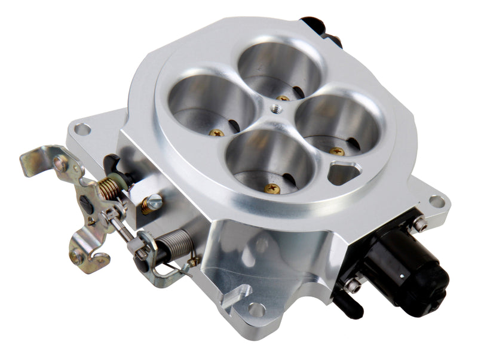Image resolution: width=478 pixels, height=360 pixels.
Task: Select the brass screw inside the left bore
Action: pyautogui.click(x=217, y=133)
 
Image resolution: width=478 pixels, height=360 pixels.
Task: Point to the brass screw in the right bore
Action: pyautogui.click(x=337, y=151)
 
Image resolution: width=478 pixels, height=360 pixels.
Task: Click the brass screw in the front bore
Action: pyautogui.click(x=272, y=189)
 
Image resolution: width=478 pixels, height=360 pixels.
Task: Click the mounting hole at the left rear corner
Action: pyautogui.click(x=82, y=128)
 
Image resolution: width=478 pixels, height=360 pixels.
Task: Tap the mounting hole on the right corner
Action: pyautogui.click(x=437, y=201)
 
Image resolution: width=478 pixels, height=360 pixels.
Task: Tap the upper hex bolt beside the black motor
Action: pyautogui.click(x=419, y=224)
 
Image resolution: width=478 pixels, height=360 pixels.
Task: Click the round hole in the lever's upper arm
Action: pyautogui.click(x=60, y=163)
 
